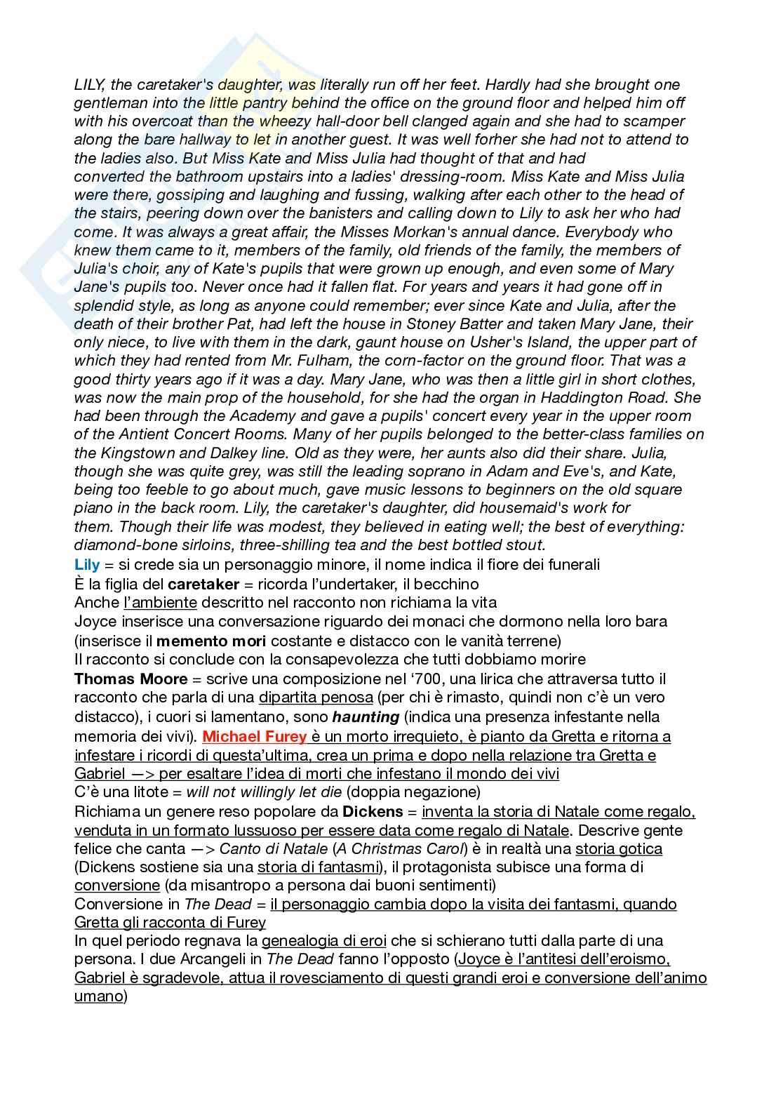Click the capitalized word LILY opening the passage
89,85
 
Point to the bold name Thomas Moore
131,679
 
